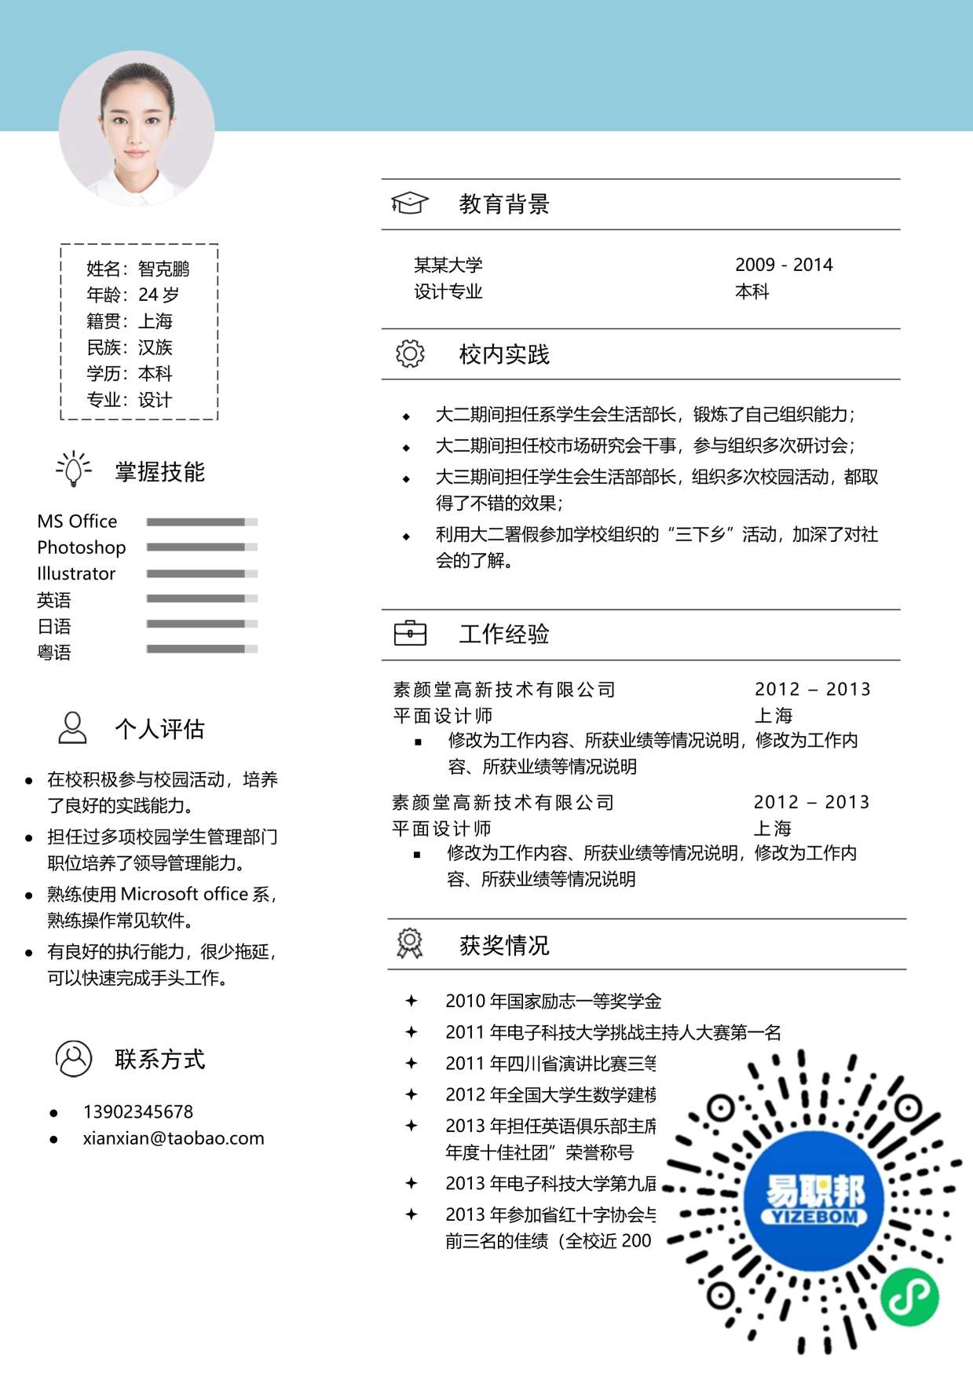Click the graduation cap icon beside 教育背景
pyautogui.click(x=409, y=203)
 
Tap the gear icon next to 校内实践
pyautogui.click(x=410, y=354)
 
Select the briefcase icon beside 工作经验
pyautogui.click(x=410, y=633)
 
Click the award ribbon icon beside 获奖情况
pyautogui.click(x=410, y=943)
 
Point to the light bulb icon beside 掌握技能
pyautogui.click(x=74, y=470)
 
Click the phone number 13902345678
pyautogui.click(x=138, y=1111)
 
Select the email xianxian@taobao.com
pyautogui.click(x=174, y=1138)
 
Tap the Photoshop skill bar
pyautogui.click(x=202, y=547)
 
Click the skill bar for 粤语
pyautogui.click(x=202, y=649)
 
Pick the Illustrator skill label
pyautogui.click(x=76, y=573)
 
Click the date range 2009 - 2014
pyautogui.click(x=784, y=265)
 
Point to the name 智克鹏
pyautogui.click(x=164, y=269)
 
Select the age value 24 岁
pyautogui.click(x=159, y=295)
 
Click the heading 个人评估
pyautogui.click(x=159, y=729)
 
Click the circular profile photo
pyautogui.click(x=137, y=129)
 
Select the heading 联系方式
pyautogui.click(x=159, y=1059)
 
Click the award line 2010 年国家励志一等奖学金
pyautogui.click(x=553, y=1001)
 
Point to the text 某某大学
pyautogui.click(x=448, y=265)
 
